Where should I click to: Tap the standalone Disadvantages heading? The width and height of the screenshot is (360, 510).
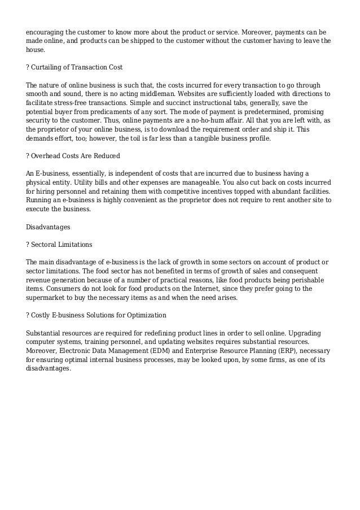click(48, 227)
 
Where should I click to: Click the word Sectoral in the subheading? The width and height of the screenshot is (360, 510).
click(46, 245)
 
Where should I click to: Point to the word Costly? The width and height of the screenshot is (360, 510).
click(43, 315)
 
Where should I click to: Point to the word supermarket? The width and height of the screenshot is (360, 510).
click(50, 297)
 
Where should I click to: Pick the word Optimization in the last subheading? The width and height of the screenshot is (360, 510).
click(144, 315)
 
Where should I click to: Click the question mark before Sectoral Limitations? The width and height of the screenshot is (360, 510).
click(28, 245)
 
